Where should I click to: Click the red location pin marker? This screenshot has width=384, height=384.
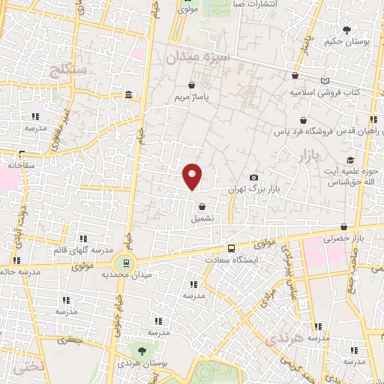click(193, 175)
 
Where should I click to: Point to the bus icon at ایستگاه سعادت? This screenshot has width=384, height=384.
click(231, 247)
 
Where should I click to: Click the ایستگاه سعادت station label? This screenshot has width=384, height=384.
click(231, 259)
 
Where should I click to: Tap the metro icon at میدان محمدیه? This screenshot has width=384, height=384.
click(124, 263)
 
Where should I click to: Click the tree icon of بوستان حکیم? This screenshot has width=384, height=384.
click(346, 30)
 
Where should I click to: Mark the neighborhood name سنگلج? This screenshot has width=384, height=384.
click(67, 70)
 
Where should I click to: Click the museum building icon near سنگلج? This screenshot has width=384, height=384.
click(129, 95)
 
